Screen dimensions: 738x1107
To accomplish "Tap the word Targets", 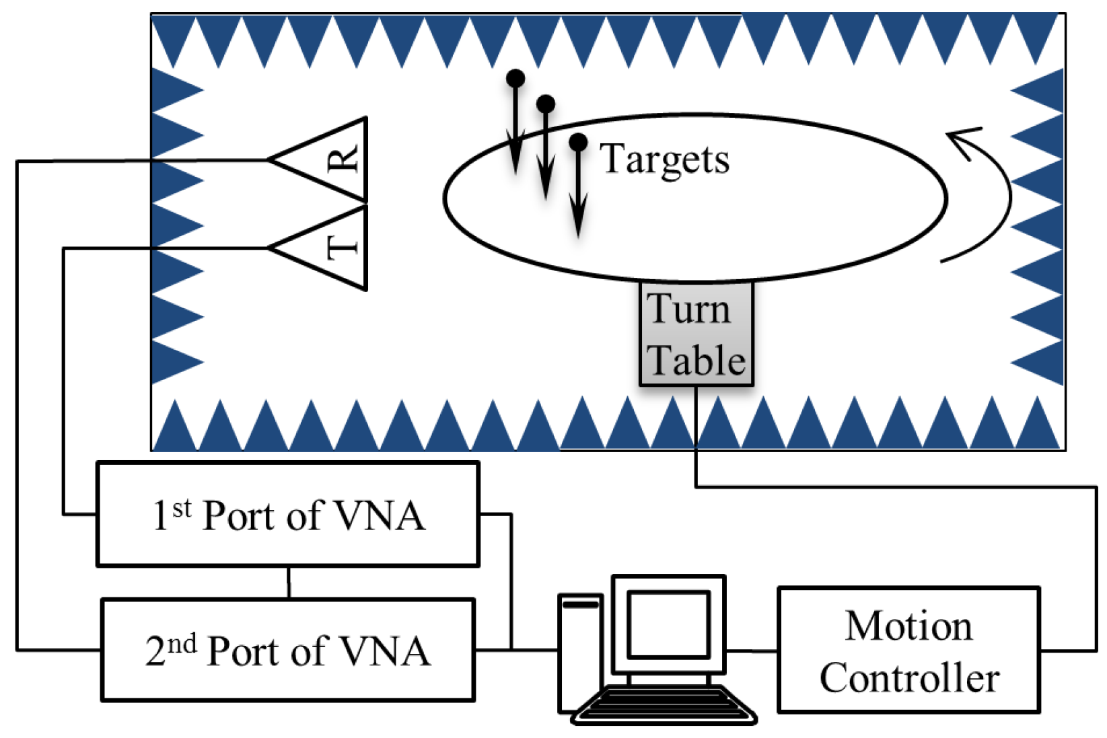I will [x=664, y=159].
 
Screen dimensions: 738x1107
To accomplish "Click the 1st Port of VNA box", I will [x=288, y=515].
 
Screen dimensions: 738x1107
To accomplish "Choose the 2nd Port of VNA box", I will [x=288, y=651].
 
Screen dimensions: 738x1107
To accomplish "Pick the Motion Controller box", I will [x=908, y=651].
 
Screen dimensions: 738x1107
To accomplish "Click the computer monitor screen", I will [x=669, y=625].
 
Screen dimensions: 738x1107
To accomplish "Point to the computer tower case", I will [x=580, y=653].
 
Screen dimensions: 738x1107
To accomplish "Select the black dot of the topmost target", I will [x=515, y=78].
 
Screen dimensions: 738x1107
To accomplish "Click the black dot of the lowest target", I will [x=578, y=142].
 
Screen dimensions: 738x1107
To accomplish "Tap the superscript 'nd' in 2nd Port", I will [x=182, y=644].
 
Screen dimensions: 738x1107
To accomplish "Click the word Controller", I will [x=908, y=677].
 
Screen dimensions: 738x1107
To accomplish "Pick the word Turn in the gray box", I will [x=688, y=309].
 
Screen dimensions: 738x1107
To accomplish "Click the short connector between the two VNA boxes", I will [x=289, y=583].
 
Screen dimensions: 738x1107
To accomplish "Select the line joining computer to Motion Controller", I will [x=752, y=651].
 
